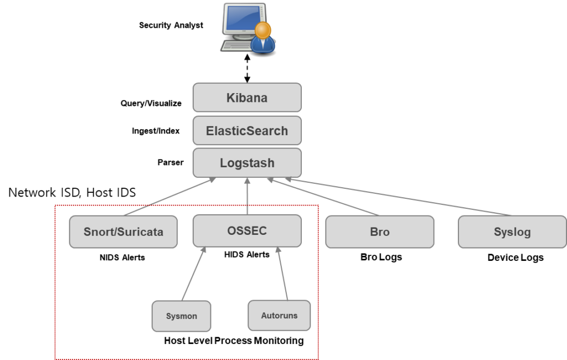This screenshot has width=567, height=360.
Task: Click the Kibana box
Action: [247, 98]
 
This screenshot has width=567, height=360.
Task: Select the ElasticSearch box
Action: [247, 131]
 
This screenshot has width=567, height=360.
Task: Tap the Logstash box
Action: [247, 163]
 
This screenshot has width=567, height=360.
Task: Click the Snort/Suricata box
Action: [123, 232]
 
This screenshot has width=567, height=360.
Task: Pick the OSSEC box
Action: [247, 230]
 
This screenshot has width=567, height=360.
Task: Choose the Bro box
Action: [379, 232]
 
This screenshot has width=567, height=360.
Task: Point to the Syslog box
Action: [512, 232]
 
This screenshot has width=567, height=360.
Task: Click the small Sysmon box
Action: [181, 316]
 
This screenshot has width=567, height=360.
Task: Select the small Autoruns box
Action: [279, 316]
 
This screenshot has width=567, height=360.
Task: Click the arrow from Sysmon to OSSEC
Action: [193, 274]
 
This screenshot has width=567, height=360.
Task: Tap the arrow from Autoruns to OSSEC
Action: [282, 274]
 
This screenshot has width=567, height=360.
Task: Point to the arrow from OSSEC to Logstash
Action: [247, 196]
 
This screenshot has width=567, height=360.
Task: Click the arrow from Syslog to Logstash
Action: [399, 197]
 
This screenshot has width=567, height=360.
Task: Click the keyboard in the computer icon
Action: [235, 45]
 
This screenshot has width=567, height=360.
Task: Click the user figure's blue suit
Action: [264, 45]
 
